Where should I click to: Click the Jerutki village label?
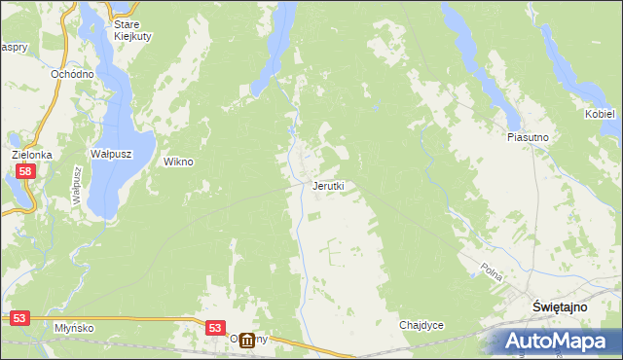328,186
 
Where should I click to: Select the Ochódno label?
72,74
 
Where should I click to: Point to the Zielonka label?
31,155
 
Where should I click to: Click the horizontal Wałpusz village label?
111,155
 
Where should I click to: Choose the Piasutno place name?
529,138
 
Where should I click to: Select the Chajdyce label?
421,325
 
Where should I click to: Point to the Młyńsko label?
74,328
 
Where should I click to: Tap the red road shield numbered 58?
25,171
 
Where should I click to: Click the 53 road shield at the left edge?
19,318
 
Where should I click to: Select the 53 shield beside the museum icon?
215,329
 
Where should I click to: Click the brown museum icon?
247,341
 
